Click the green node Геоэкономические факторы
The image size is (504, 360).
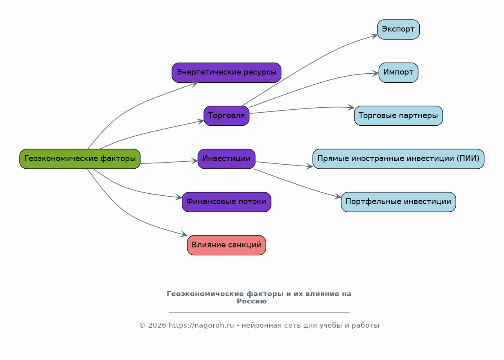[x=80, y=159]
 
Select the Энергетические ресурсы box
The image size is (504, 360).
[x=226, y=72]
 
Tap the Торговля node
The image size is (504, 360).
[x=226, y=115]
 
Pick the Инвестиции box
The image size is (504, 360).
[x=226, y=159]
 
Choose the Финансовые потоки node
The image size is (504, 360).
[x=226, y=202]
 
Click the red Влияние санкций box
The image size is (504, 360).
[x=226, y=245]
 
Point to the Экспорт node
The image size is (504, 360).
[x=398, y=29]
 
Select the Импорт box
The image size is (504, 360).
[x=398, y=72]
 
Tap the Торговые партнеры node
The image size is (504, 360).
[x=398, y=115]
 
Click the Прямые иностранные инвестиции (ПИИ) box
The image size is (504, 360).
[x=398, y=159]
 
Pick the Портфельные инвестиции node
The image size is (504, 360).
[x=398, y=202]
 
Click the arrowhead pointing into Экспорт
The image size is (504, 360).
[x=374, y=36]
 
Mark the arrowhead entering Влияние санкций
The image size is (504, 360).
[x=184, y=235]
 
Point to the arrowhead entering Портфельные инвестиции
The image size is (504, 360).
[x=338, y=198]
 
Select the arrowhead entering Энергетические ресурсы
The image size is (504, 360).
[x=194, y=83]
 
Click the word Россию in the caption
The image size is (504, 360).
[x=251, y=301]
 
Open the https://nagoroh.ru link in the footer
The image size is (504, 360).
[x=201, y=326]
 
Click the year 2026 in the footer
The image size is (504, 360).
[x=157, y=326]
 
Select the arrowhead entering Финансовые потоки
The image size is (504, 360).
[x=179, y=198]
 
